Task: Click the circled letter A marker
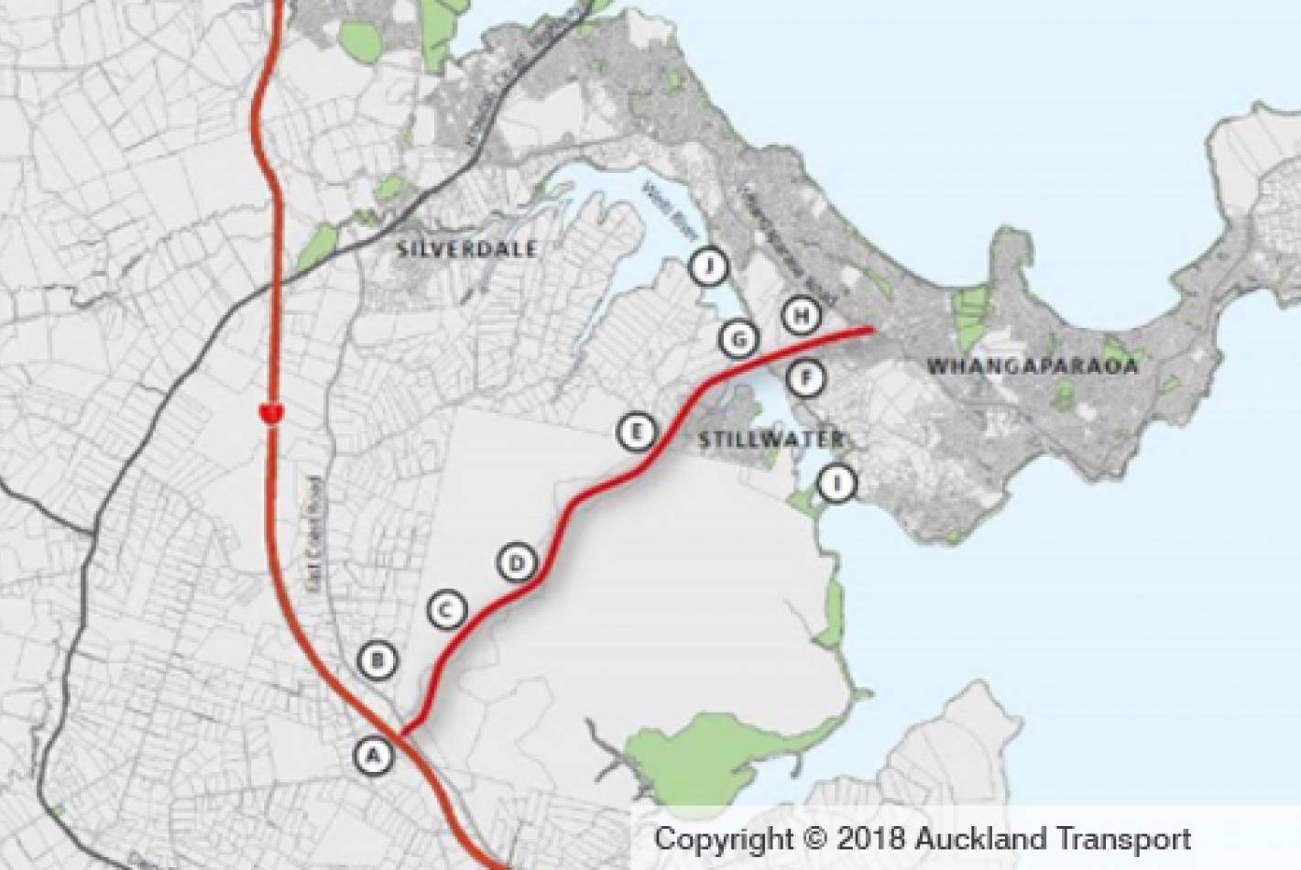[373, 756]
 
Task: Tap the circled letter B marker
[378, 660]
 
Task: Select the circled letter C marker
[447, 609]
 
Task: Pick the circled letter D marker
[518, 562]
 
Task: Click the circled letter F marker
[805, 376]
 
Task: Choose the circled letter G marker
[738, 340]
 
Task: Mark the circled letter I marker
[836, 482]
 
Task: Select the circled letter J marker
[708, 266]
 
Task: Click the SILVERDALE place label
[467, 249]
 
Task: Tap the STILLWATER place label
[770, 439]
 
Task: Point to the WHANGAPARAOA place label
[1032, 367]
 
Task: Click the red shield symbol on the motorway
[269, 413]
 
